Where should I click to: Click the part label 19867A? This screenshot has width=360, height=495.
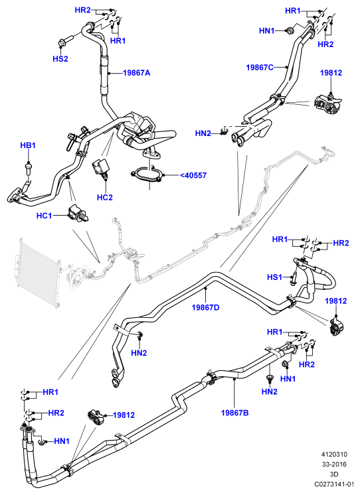click(x=137, y=73)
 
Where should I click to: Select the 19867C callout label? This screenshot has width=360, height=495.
click(x=260, y=67)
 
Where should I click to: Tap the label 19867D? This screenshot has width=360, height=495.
click(x=205, y=307)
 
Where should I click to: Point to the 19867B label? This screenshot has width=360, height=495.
click(x=235, y=413)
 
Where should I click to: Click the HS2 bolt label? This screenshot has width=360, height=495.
click(x=60, y=58)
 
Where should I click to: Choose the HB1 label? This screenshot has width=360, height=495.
click(x=28, y=145)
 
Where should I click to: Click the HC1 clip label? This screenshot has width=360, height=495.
click(x=44, y=216)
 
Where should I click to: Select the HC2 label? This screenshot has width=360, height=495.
click(x=105, y=197)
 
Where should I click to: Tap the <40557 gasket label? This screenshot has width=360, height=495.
click(x=193, y=175)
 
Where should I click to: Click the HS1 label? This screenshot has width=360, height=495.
click(x=274, y=277)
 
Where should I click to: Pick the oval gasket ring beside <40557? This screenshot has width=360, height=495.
click(x=147, y=176)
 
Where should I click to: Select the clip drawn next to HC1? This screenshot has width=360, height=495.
click(x=78, y=214)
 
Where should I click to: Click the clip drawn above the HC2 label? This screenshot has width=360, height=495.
click(x=101, y=169)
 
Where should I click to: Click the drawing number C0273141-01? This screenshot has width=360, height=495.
click(x=334, y=484)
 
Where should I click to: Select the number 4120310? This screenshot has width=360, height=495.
click(x=334, y=455)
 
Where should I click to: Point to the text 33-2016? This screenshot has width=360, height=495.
click(x=334, y=464)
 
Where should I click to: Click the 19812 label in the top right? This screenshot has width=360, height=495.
click(x=331, y=72)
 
